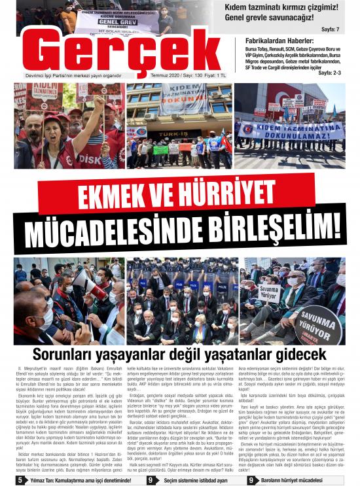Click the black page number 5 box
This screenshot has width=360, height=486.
[x=20, y=480]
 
